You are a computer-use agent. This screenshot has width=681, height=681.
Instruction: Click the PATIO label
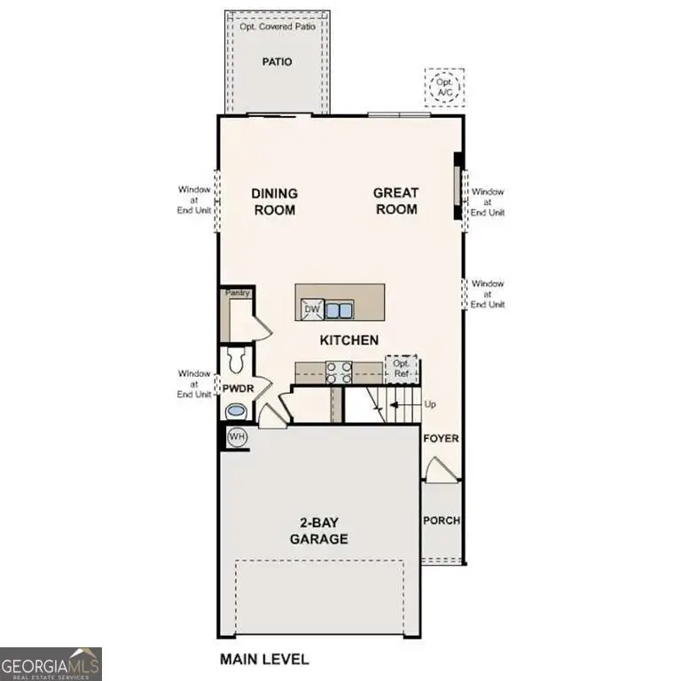(277, 62)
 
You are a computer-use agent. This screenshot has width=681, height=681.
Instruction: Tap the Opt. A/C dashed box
(443, 87)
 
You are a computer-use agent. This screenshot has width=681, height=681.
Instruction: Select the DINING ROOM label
(274, 201)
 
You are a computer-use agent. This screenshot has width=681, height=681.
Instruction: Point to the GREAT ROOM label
(395, 201)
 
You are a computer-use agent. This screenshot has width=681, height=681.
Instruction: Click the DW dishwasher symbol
(310, 308)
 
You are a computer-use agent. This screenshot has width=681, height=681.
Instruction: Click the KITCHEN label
(349, 340)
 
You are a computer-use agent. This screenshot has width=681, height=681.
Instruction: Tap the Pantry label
(237, 293)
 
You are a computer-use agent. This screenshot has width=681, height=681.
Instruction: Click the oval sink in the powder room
(236, 411)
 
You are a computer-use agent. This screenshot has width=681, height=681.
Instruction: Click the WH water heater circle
(237, 437)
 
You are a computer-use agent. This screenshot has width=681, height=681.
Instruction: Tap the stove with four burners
(339, 372)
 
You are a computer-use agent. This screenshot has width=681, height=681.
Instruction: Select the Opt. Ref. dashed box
(401, 368)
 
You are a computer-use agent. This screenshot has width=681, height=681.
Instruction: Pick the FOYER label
(441, 439)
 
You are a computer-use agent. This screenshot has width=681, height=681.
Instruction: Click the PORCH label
(441, 521)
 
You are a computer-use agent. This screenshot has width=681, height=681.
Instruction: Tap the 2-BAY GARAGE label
(317, 531)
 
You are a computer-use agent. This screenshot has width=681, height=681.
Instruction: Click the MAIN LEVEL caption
(263, 659)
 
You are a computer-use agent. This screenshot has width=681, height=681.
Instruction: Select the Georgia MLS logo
(51, 663)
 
